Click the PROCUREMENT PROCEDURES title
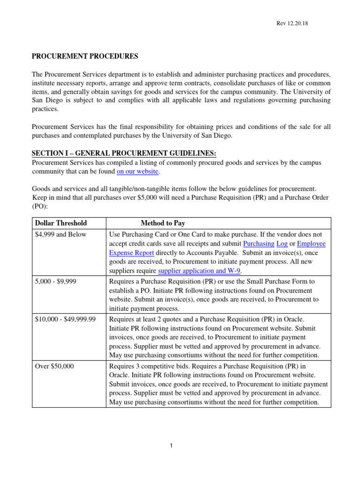point(85,56)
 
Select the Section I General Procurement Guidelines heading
point(124,154)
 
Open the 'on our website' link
point(138,172)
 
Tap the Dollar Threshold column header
point(61,223)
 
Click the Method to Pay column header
point(163,223)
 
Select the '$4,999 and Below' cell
point(61,234)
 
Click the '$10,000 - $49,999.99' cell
point(66,319)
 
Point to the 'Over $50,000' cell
point(54,366)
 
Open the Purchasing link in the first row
point(259,244)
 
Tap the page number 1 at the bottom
point(172,445)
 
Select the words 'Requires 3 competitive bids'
point(149,366)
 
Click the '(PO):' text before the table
point(40,206)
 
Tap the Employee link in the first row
point(311,244)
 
